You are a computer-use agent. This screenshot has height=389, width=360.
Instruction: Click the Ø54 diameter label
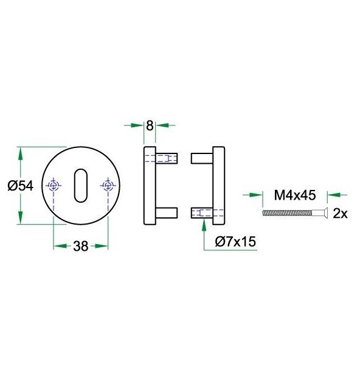tap(20, 186)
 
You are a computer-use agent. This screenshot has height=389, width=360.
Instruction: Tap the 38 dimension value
tap(81, 247)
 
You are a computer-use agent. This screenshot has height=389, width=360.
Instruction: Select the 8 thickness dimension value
tap(150, 126)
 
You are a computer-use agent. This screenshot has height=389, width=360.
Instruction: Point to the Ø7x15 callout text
tap(235, 242)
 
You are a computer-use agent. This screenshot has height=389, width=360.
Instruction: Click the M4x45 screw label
tap(295, 195)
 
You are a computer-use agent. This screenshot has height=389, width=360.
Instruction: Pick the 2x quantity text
tap(340, 213)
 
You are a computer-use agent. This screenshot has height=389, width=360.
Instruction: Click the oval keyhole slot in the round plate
tap(81, 185)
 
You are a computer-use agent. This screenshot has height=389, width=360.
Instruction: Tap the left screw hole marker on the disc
tap(54, 185)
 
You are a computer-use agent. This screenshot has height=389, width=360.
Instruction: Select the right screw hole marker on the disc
tap(108, 185)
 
